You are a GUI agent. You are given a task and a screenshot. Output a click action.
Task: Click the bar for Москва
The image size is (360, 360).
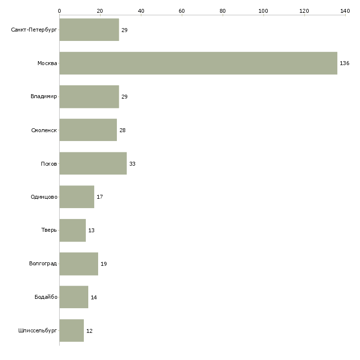point(198,63)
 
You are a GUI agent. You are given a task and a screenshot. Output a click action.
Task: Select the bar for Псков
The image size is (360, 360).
point(93,163)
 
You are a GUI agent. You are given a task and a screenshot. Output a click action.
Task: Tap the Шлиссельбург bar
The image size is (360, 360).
point(72,330)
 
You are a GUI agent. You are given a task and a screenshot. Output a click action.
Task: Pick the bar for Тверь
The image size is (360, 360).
point(72,230)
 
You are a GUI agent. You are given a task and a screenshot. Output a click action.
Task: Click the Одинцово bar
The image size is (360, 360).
point(76,197)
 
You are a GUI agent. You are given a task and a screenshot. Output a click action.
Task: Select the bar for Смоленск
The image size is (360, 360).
point(88,130)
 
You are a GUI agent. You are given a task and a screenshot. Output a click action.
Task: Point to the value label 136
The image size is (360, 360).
point(344,63)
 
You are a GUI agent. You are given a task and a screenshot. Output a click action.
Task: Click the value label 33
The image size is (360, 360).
point(132,164)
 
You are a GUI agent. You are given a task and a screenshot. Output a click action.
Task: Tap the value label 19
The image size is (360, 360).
point(104,264)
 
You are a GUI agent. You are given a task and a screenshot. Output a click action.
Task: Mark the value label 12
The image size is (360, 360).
point(89,331)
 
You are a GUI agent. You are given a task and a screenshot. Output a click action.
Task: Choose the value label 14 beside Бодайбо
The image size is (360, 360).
point(94,297)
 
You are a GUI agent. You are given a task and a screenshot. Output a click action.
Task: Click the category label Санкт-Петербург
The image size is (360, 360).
point(34,30)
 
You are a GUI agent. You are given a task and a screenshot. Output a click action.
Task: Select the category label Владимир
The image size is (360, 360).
point(43,97)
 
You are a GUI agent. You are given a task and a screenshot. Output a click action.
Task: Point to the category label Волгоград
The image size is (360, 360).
point(43,263)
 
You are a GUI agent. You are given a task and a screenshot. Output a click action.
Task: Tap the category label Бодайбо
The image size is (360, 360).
point(46,297)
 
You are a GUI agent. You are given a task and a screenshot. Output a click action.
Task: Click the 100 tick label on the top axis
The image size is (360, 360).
point(263,11)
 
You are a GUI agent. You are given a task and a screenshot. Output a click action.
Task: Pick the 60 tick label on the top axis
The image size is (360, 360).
point(181,11)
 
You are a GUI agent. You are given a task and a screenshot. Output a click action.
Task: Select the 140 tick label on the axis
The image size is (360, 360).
point(345,11)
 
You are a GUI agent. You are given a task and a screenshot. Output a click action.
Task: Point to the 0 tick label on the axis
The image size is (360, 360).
point(60,11)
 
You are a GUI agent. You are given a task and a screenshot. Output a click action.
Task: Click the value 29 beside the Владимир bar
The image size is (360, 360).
point(124,97)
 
